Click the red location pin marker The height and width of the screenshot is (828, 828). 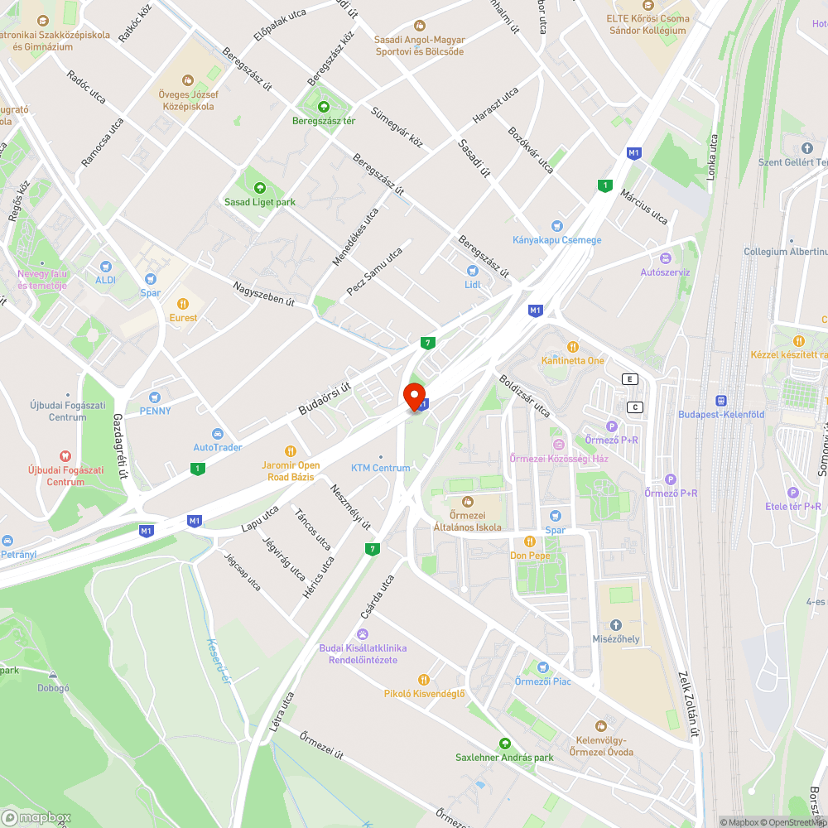[414, 396]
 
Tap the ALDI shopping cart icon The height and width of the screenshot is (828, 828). [105, 266]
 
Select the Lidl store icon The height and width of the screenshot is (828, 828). [473, 271]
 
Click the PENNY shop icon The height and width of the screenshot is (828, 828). [155, 397]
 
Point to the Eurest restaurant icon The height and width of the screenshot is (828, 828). [183, 304]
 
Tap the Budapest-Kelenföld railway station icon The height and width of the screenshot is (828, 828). [721, 400]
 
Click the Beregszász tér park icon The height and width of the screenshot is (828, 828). [323, 107]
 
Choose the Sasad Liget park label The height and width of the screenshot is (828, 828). [260, 202]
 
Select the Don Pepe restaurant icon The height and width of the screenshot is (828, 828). [530, 542]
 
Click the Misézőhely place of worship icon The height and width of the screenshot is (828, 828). [615, 625]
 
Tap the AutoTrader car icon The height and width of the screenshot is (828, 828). [217, 434]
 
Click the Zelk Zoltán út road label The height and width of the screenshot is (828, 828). [686, 704]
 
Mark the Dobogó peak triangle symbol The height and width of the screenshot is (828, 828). [53, 675]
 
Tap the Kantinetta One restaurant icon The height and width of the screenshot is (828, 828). [572, 347]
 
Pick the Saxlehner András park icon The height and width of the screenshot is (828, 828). [504, 744]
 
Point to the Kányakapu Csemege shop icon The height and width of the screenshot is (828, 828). [556, 226]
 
